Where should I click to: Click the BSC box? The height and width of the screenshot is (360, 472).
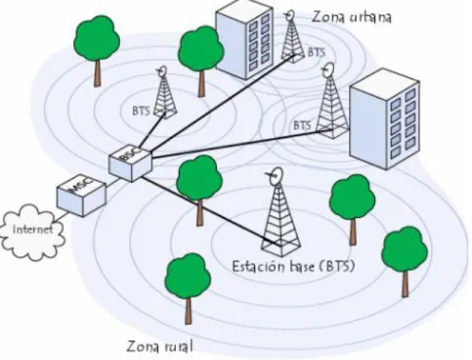coord(130,163)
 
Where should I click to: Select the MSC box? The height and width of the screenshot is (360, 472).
coord(81,197)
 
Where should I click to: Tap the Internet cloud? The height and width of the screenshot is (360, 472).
coord(32,232)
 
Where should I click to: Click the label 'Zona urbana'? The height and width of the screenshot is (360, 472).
coord(351,17)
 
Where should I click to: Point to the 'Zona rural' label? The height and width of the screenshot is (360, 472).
coord(159,346)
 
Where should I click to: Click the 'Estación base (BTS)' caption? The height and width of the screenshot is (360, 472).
coord(293,266)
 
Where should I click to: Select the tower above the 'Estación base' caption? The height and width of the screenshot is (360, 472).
coord(280,212)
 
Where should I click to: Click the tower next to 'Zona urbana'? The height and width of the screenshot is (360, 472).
coord(292,37)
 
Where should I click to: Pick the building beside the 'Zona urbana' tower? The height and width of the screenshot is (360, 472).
coord(244,40)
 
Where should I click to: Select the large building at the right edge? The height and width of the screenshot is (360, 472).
coord(384,118)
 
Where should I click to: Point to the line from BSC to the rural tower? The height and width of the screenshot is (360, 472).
coord(211,210)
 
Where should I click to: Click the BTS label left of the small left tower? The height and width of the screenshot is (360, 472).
coord(141,111)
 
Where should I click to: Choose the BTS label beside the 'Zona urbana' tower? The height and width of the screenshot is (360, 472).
coord(317,52)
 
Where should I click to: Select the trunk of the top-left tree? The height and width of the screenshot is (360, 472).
coord(97,73)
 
